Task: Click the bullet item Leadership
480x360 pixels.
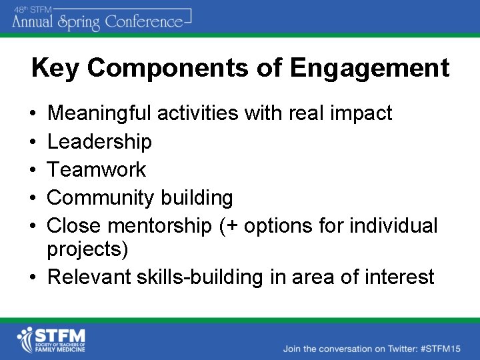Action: pyautogui.click(x=99, y=141)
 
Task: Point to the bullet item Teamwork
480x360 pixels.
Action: pyautogui.click(x=96, y=169)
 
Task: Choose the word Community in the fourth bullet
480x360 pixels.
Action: pyautogui.click(x=99, y=198)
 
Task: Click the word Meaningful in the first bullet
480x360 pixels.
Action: pyautogui.click(x=99, y=113)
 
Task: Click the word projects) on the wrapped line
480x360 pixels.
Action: pyautogui.click(x=87, y=249)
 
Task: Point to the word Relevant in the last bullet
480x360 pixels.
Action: pyautogui.click(x=90, y=276)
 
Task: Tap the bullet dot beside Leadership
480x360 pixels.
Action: pyautogui.click(x=33, y=141)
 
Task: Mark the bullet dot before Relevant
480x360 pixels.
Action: pyautogui.click(x=33, y=276)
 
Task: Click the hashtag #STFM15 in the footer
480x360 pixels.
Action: pyautogui.click(x=441, y=348)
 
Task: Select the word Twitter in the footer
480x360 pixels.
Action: pyautogui.click(x=395, y=348)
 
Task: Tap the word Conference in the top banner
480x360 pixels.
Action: pyautogui.click(x=141, y=22)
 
